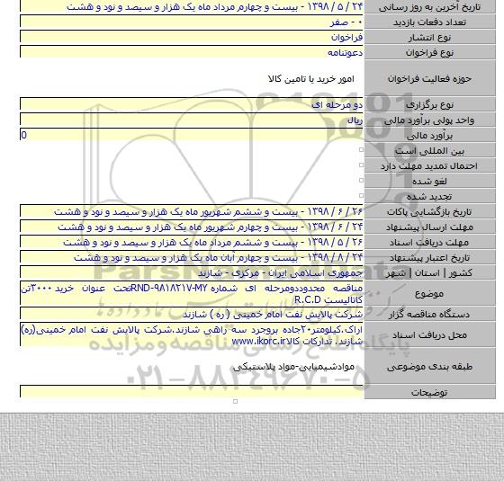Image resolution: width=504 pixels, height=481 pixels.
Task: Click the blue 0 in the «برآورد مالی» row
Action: (x=23, y=134)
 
